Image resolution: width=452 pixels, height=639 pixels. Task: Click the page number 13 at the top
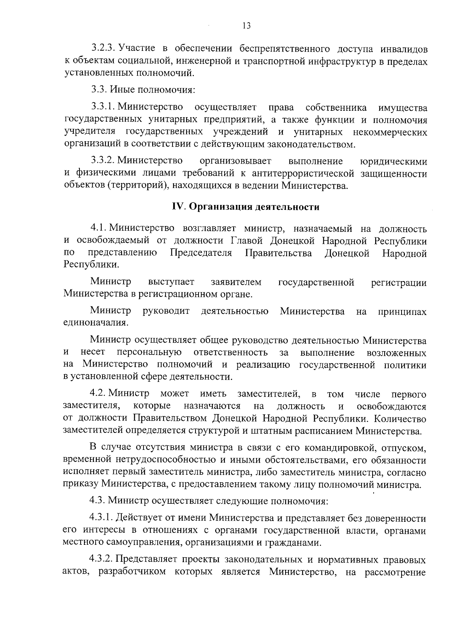[x=246, y=26]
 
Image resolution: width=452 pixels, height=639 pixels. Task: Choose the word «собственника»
[x=336, y=108]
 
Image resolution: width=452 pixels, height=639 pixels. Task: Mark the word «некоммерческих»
[x=391, y=132]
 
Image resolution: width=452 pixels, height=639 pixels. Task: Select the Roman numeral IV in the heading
[x=177, y=207]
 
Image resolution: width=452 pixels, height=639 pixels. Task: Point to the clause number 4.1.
[x=98, y=228]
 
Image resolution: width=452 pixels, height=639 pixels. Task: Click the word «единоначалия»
[x=96, y=323]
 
